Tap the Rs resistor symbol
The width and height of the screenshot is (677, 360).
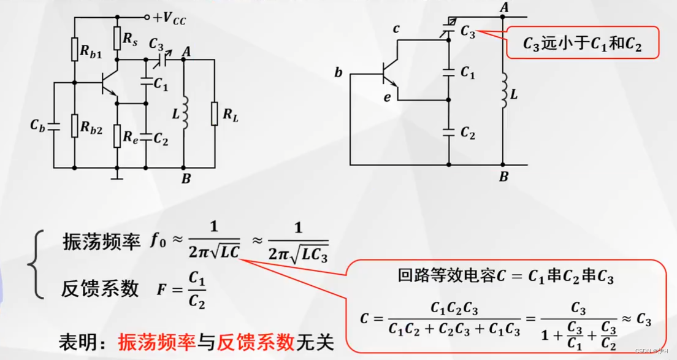click(117, 39)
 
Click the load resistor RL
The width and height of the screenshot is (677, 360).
click(215, 113)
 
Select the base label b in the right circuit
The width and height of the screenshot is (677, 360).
click(338, 74)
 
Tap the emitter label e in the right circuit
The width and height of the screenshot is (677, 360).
click(388, 97)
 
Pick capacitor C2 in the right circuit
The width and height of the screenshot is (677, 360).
click(449, 132)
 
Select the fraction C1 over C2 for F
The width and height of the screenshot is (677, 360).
click(196, 290)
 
